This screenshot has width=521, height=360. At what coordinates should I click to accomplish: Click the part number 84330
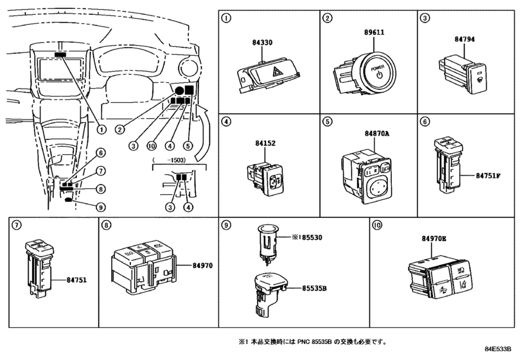coord(262,42)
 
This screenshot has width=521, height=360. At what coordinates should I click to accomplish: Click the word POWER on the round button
coord(377,68)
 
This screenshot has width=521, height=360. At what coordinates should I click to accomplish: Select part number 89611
coord(374,32)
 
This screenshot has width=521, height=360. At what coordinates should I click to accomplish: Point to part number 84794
coord(464,39)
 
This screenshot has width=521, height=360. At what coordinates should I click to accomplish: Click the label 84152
coord(265,143)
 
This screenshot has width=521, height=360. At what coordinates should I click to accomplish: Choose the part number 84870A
coord(377,134)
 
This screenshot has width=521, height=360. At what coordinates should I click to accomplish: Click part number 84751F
coord(488,176)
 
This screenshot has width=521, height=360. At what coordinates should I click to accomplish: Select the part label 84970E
coord(434,239)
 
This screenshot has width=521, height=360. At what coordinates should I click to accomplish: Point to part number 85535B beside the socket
coord(314,288)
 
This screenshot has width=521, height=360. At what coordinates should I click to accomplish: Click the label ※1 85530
coord(306,237)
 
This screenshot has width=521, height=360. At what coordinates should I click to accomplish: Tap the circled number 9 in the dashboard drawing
coord(100,208)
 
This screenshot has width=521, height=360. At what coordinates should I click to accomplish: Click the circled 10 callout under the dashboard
coord(151,145)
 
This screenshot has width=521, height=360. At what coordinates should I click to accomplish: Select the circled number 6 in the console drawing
coord(100,153)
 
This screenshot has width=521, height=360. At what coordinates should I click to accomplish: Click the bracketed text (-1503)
coord(169,160)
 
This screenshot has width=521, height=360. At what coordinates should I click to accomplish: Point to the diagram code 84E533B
coord(497,349)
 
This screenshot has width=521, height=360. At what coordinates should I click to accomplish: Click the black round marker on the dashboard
coord(179,90)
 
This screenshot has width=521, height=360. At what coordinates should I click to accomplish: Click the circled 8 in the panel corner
coord(105,226)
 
